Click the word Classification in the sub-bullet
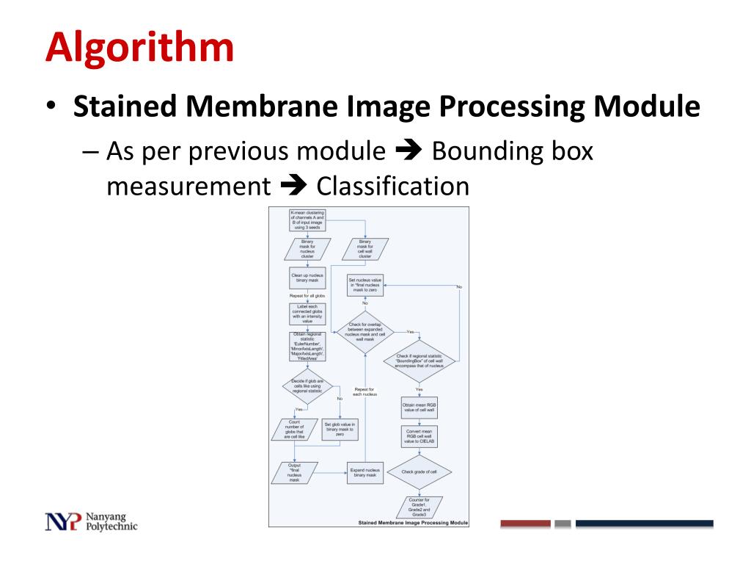click(392, 186)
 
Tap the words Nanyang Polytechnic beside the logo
click(111, 521)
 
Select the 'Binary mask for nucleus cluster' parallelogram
click(307, 249)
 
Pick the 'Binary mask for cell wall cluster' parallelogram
click(365, 249)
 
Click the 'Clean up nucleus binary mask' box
click(307, 278)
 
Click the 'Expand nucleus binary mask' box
click(365, 472)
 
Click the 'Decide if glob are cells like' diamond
click(307, 387)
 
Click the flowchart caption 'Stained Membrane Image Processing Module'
click(412, 523)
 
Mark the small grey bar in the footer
click(563, 524)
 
